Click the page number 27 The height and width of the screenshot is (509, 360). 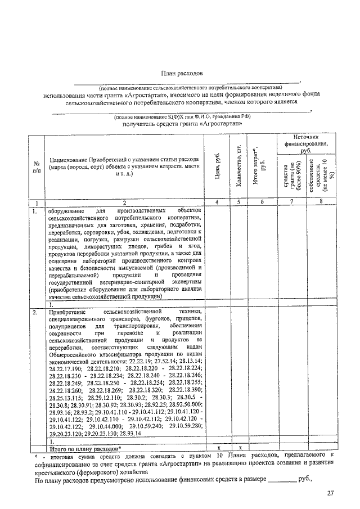tap(331, 493)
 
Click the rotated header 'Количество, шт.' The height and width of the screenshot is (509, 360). tap(239, 167)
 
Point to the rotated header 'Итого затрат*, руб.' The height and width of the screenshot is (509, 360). tap(262, 167)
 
